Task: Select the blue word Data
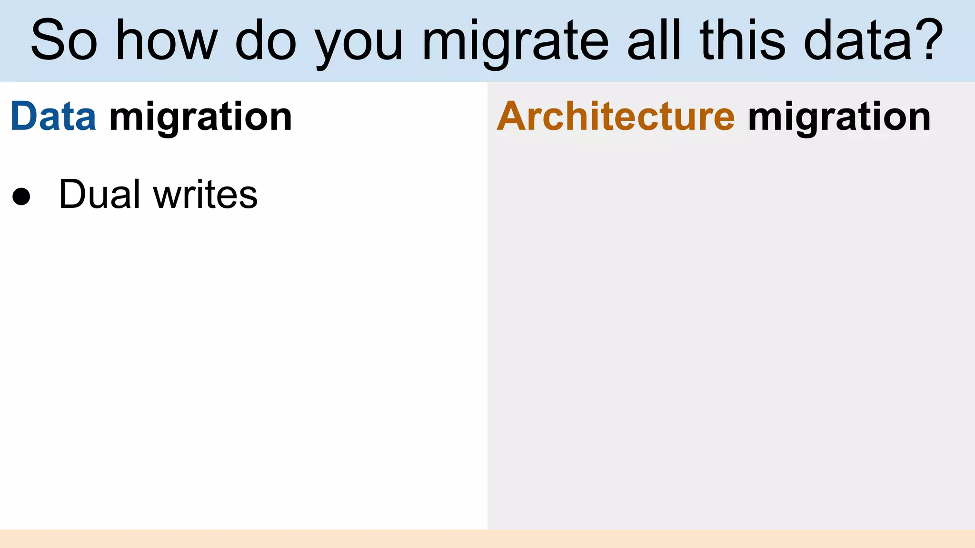(53, 117)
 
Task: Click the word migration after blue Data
(200, 118)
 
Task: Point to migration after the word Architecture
(839, 118)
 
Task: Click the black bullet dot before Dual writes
(21, 196)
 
